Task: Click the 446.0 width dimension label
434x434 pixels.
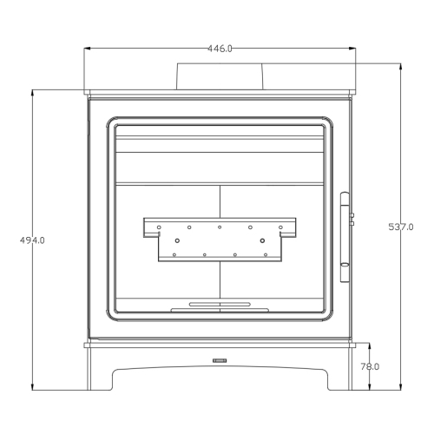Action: [220, 49]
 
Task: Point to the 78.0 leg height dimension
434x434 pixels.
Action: [370, 366]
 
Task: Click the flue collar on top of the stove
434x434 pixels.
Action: [220, 76]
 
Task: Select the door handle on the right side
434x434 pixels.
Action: [345, 235]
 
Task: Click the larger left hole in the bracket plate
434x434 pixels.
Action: [176, 240]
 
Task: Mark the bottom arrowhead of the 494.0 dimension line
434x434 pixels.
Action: [33, 386]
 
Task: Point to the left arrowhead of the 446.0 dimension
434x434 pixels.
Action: [86, 49]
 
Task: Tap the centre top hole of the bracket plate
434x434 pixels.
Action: [220, 227]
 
